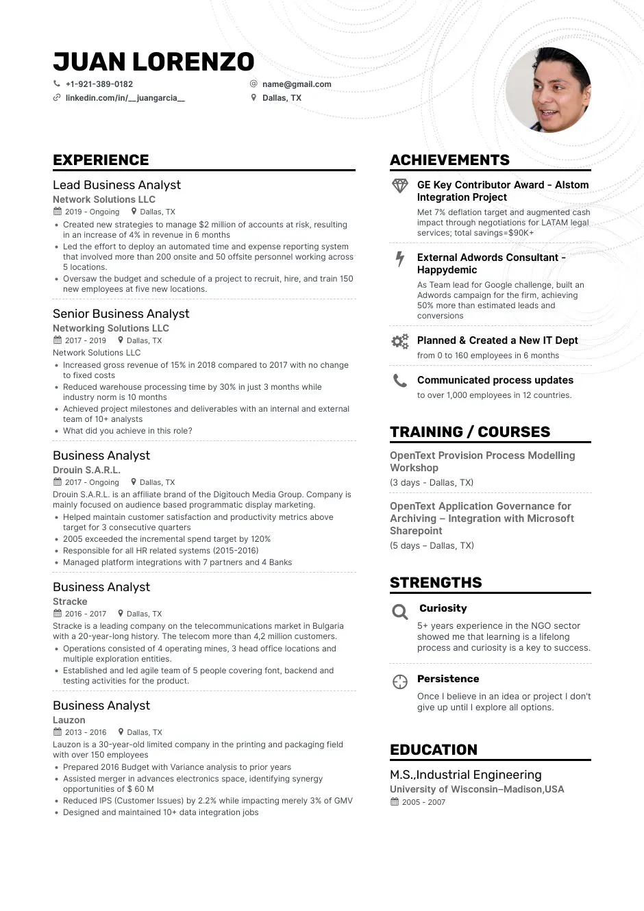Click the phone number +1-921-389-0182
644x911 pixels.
click(99, 84)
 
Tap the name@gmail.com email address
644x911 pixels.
click(296, 84)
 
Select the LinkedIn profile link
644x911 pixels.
click(125, 98)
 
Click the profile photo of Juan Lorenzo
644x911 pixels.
click(548, 90)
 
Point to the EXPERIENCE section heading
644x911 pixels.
click(101, 160)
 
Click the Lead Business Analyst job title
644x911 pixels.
click(116, 185)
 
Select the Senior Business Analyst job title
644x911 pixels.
click(121, 314)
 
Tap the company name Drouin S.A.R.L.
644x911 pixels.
click(86, 470)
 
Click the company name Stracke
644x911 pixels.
click(70, 601)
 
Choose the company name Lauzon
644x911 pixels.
click(69, 720)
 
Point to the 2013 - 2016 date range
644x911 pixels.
click(86, 732)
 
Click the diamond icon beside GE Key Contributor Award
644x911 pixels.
click(400, 186)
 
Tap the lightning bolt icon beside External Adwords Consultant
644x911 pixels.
click(400, 259)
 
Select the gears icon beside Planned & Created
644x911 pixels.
click(400, 341)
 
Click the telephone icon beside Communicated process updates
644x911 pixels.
click(400, 381)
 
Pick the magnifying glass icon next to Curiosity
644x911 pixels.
click(400, 612)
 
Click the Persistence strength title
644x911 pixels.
click(448, 679)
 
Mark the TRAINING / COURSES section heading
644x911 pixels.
click(470, 432)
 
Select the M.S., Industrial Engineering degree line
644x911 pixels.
click(466, 775)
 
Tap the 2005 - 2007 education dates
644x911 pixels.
click(423, 802)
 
